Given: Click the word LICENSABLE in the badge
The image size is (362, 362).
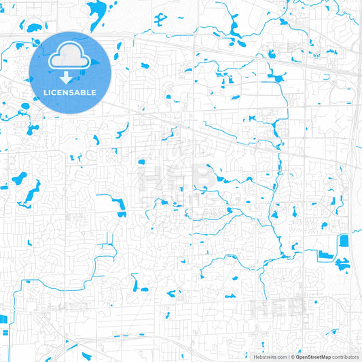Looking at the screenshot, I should [x=71, y=92].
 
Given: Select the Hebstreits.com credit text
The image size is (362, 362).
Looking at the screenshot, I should [x=270, y=357].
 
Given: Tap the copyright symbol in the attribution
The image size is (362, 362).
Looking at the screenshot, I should [x=293, y=357].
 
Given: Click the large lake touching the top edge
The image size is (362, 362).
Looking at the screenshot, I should [x=97, y=10].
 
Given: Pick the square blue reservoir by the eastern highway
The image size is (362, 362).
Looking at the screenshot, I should [x=344, y=240].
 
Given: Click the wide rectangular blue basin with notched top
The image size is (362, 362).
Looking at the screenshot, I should [x=325, y=255].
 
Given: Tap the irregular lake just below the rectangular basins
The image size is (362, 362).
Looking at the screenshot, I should [x=342, y=265].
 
